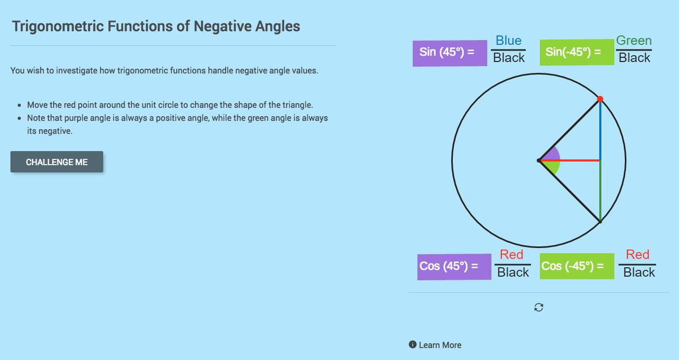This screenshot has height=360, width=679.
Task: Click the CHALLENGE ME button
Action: (57, 162)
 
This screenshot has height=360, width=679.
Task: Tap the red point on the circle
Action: (600, 98)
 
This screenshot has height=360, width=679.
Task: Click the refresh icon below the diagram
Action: (539, 307)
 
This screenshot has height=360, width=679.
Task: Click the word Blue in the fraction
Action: (509, 41)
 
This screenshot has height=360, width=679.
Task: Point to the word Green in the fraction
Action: (634, 41)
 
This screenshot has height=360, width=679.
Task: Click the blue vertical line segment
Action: (600, 130)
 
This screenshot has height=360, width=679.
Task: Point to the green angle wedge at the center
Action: (553, 167)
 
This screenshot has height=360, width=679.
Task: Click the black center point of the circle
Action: (539, 160)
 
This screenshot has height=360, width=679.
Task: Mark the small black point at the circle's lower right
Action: (600, 222)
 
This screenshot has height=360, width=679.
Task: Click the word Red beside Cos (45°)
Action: (511, 255)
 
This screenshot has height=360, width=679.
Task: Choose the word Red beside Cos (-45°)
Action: (637, 255)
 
